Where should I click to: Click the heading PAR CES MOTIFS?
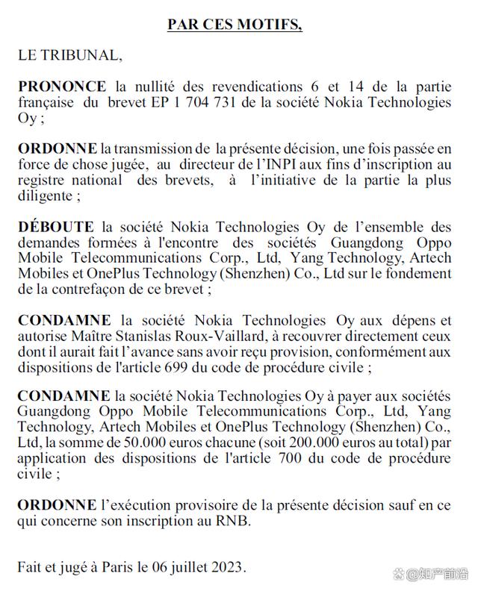[235, 25]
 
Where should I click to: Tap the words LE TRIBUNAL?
[68, 54]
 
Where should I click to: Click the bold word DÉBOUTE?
[56, 227]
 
